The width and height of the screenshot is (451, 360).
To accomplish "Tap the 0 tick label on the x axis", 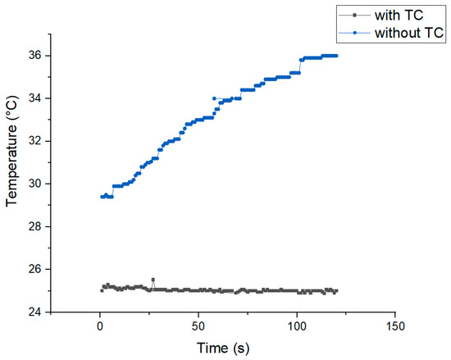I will (100, 326).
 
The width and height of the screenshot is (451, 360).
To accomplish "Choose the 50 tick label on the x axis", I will (198, 326).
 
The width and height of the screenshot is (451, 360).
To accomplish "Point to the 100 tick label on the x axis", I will (297, 326).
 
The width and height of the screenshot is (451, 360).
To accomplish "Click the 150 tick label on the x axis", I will (395, 326).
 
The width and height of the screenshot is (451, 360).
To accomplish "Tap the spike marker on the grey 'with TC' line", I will (153, 280).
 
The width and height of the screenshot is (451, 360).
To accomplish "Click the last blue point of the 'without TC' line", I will (336, 56).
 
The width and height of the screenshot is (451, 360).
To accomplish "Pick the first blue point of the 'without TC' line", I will (102, 197).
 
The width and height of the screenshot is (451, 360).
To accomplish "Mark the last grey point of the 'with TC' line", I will (336, 290).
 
